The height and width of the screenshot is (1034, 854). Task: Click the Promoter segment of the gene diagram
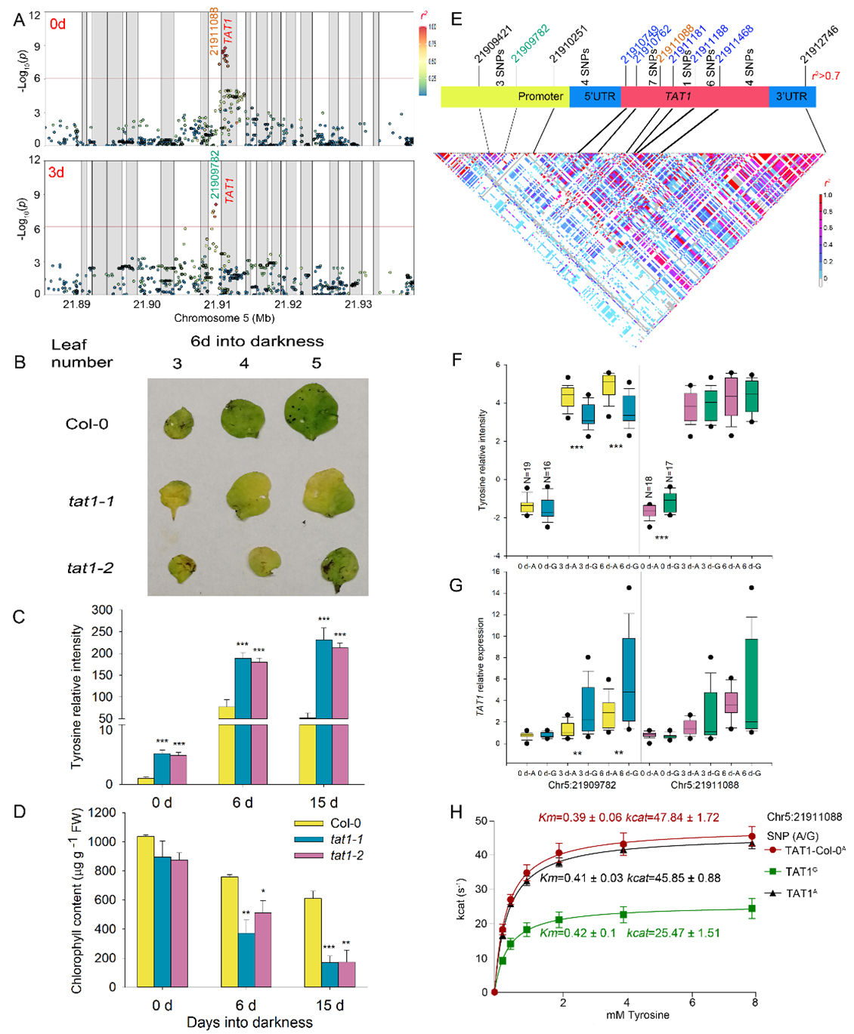pyautogui.click(x=505, y=97)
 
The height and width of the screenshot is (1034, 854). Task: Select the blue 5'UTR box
pyautogui.click(x=596, y=97)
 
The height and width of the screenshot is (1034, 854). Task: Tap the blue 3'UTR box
pyautogui.click(x=791, y=97)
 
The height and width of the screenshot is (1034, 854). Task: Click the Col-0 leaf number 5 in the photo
pyautogui.click(x=315, y=412)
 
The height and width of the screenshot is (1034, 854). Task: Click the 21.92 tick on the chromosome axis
pyautogui.click(x=288, y=304)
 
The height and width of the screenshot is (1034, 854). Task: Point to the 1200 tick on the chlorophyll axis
pyautogui.click(x=104, y=813)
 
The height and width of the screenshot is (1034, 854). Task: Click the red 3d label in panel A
pyautogui.click(x=57, y=173)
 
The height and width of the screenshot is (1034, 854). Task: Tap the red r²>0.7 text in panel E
pyautogui.click(x=825, y=76)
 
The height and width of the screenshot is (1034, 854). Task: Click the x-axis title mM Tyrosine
pyautogui.click(x=637, y=1015)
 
